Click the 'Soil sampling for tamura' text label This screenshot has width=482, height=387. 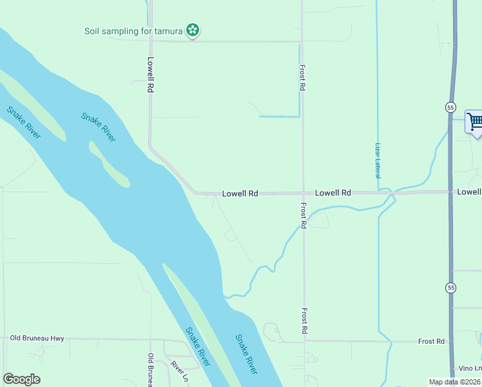coord(134,30)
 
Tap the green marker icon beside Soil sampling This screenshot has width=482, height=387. coord(192,30)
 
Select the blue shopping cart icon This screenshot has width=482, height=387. coord(474,121)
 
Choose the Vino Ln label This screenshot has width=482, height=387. coord(470,368)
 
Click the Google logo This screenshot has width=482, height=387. coord(21,379)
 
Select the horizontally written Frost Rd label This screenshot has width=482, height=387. coord(431,341)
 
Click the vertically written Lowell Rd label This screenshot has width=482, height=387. coord(150,76)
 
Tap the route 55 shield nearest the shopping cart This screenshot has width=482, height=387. coord(450,106)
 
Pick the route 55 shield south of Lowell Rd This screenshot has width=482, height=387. coord(450,287)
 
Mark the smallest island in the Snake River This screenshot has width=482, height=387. coord(108,164)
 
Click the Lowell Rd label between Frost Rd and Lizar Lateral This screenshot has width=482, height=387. coord(333,193)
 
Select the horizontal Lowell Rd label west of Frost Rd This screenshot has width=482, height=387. coord(240,193)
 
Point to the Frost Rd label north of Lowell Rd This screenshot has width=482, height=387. coord(302,77)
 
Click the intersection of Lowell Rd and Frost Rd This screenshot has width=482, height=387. coord(303,193)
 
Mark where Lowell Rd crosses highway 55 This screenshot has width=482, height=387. coord(450,192)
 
